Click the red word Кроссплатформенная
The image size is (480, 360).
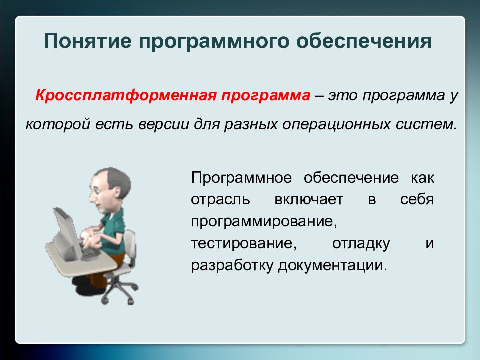[126, 96]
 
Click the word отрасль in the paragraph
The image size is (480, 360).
[220, 200]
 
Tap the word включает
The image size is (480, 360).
[309, 200]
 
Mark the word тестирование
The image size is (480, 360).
[244, 244]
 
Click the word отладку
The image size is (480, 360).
[361, 244]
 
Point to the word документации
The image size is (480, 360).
[333, 266]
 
